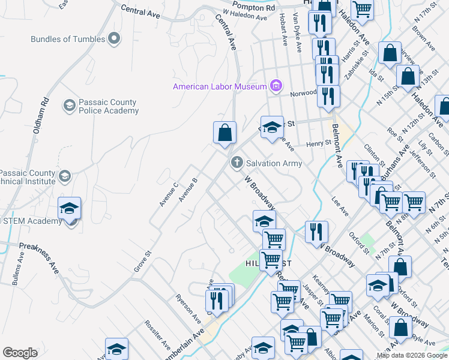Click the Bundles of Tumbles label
pos(68,39)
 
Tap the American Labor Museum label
pos(220,86)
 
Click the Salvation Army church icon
pos(237,163)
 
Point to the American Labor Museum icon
pos(276,86)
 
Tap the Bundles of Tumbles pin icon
pos(114,39)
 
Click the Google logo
pos(20,353)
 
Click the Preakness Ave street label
pos(38,256)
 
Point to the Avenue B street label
pos(188,188)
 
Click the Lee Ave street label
pos(340,207)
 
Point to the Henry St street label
pos(319,143)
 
